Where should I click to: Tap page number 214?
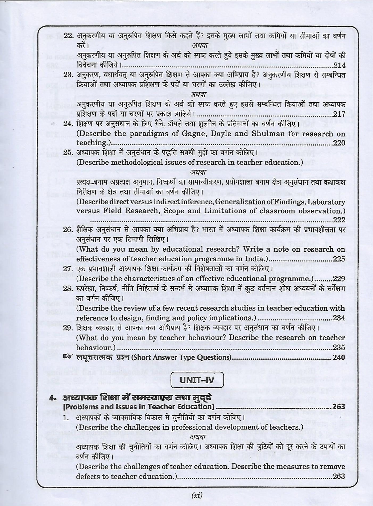coord(339,65)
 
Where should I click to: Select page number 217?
coord(339,114)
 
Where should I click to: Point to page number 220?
coord(339,143)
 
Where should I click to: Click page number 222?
coord(339,220)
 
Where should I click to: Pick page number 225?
coord(339,259)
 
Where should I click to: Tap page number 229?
coord(339,279)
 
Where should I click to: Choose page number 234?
coord(339,318)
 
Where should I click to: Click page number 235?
coord(339,347)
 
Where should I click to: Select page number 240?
coord(339,357)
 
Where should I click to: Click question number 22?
coord(68,36)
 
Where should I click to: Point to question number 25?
coord(68,153)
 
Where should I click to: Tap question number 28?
coord(68,289)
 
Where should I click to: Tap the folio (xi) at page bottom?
coord(197,495)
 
